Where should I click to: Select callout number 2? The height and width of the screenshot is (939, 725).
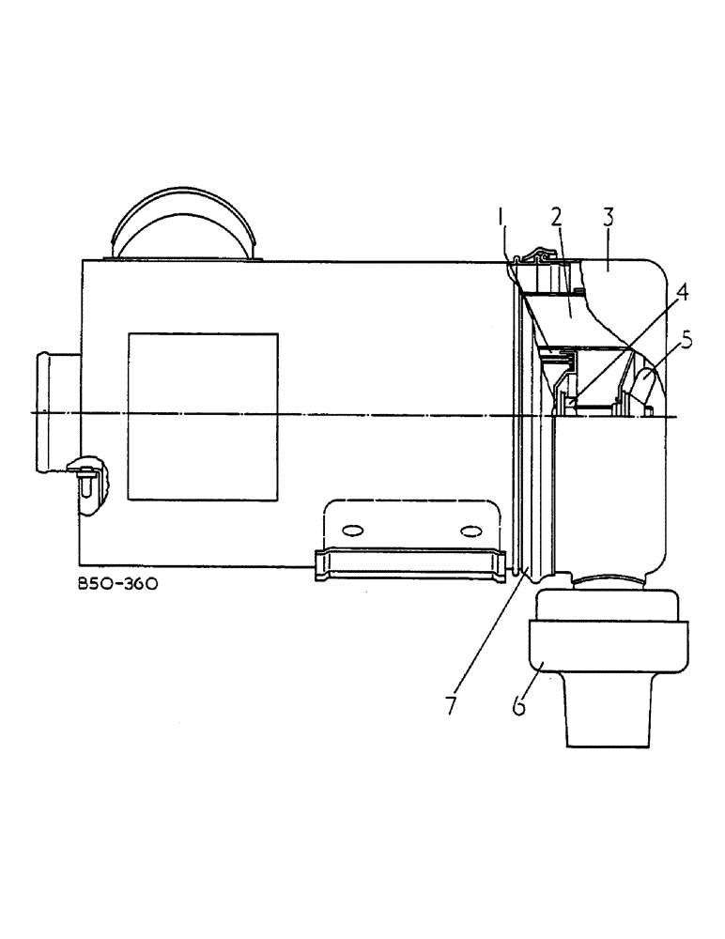[556, 217]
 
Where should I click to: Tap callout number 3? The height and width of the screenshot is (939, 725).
[608, 217]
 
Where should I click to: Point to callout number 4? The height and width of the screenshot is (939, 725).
[683, 292]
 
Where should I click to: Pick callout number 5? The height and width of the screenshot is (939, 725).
[687, 339]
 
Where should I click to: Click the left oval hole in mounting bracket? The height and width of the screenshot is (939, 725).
[355, 531]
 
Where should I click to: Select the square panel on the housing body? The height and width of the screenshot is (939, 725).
[203, 415]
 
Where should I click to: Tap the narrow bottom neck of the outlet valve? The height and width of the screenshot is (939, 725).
[606, 714]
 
